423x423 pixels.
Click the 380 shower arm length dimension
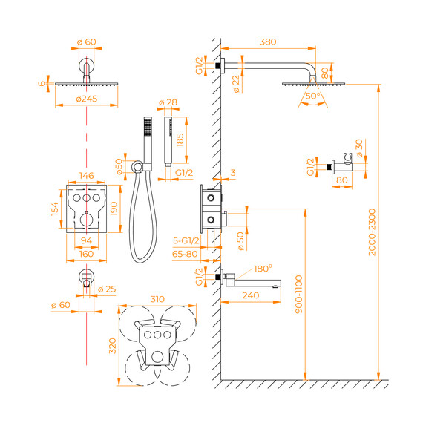tap(268, 42)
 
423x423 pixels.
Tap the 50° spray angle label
tap(313, 96)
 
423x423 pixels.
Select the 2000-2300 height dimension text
tap(372, 232)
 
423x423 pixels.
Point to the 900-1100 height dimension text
tap(298, 295)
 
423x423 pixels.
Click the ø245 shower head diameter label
tap(87, 99)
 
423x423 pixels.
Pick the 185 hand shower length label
tap(180, 140)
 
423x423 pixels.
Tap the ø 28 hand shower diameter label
tap(168, 102)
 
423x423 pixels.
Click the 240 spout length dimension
tap(251, 295)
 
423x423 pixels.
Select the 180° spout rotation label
tap(263, 269)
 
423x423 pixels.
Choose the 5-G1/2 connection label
tap(186, 240)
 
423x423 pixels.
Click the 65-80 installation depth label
tap(185, 254)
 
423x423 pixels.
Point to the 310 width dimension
tap(157, 299)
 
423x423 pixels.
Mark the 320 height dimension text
tap(113, 346)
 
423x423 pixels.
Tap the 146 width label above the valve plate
tap(86, 176)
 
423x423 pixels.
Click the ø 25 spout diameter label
tap(107, 289)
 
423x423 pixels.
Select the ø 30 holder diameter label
tap(359, 148)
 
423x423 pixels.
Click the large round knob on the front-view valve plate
tap(87, 220)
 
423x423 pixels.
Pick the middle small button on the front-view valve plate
tap(86, 198)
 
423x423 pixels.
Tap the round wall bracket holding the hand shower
tap(137, 166)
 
